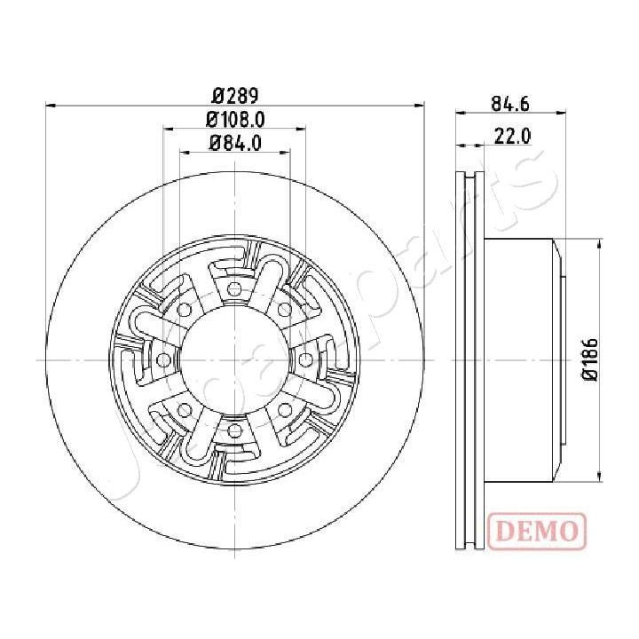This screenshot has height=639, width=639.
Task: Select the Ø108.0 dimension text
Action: click(235, 119)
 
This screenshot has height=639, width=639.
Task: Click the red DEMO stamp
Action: click(537, 531)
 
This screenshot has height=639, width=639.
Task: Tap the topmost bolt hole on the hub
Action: click(234, 289)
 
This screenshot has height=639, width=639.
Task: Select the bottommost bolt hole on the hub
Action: click(234, 430)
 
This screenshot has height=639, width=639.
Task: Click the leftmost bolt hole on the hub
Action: click(164, 359)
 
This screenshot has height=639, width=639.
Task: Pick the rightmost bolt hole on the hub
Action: click(305, 359)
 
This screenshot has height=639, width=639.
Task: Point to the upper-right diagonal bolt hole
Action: click(284, 310)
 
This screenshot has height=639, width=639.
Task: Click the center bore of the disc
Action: click(234, 359)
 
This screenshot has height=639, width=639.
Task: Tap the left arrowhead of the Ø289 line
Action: click(50, 106)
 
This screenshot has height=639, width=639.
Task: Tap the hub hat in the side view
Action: click(524, 359)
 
